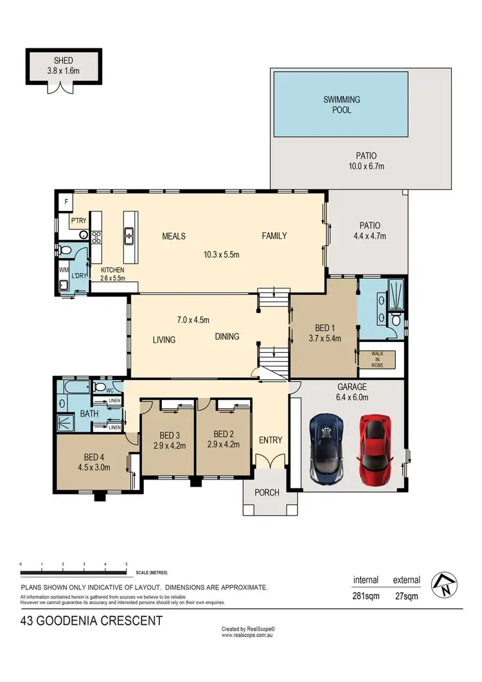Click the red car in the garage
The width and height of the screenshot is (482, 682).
click(375, 450)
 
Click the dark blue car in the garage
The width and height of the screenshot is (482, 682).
click(326, 449)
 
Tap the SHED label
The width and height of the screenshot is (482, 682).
click(64, 61)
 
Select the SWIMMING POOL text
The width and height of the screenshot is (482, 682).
click(341, 105)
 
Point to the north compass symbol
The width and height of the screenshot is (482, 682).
click(444, 584)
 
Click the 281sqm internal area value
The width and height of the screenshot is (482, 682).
click(366, 596)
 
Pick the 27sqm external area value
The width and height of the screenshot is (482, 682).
click(406, 596)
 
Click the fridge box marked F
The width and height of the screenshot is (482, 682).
click(66, 202)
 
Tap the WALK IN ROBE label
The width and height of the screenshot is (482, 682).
click(377, 360)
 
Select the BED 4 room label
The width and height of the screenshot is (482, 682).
click(94, 457)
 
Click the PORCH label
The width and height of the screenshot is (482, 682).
click(267, 492)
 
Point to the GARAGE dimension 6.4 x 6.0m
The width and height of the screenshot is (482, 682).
click(352, 397)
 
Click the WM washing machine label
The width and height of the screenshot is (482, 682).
click(64, 270)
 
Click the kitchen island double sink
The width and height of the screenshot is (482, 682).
click(129, 236)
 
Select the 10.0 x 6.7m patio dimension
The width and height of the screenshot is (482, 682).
click(366, 166)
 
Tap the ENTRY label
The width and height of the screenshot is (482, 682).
click(271, 440)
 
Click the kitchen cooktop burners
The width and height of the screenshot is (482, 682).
click(96, 237)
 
